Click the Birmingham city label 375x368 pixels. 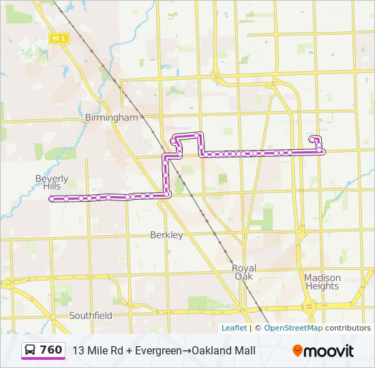[x=111, y=117]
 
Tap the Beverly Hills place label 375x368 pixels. [x=52, y=182]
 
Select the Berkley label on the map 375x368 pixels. [x=166, y=235]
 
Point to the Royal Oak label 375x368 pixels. [x=243, y=272]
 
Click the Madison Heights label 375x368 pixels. [x=322, y=281]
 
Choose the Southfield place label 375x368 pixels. [x=91, y=316]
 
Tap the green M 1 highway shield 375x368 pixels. [x=58, y=38]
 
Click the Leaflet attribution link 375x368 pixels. [x=234, y=328]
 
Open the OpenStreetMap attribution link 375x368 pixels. [x=293, y=328]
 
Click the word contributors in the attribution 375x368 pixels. [x=348, y=328]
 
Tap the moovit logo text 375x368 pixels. [x=329, y=351]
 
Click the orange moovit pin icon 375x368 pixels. [x=297, y=350]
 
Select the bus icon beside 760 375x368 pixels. [x=31, y=350]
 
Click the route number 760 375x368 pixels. [x=51, y=350]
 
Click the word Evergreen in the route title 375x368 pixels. [x=158, y=350]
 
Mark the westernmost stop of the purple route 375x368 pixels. [x=51, y=199]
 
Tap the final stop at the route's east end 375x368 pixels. [x=312, y=138]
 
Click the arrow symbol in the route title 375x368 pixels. [x=186, y=350]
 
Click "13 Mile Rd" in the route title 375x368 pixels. [x=96, y=350]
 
